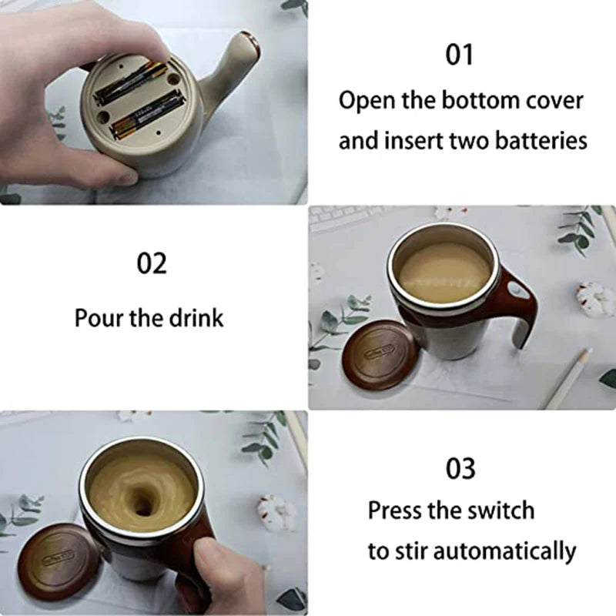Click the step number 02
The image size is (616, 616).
tap(152, 263)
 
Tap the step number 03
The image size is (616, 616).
tap(460, 468)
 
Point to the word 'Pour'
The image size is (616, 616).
tap(99, 318)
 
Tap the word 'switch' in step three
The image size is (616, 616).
tap(500, 510)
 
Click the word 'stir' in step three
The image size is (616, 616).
tap(407, 551)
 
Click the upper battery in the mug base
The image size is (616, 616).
tap(130, 83)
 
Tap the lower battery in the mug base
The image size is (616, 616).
tap(146, 115)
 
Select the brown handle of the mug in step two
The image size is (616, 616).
tap(517, 300)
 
